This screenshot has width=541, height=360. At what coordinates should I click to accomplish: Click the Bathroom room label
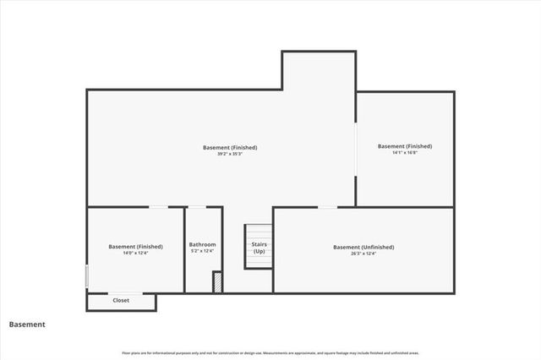(202, 244)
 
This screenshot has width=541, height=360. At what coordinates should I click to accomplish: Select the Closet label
(121, 300)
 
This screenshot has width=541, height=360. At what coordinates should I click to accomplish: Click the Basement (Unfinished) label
(363, 247)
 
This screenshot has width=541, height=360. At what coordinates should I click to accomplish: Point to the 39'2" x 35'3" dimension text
(230, 154)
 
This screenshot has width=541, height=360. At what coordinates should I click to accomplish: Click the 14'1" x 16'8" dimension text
(405, 152)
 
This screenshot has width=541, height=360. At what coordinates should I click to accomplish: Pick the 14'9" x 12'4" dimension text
(135, 253)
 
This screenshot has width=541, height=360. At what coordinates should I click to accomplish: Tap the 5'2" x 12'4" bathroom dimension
(202, 251)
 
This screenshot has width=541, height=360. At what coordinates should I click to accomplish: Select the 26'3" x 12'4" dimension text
(363, 254)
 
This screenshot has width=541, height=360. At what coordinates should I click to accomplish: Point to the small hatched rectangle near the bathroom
(216, 281)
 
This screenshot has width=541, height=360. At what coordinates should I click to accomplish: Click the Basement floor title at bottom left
(27, 324)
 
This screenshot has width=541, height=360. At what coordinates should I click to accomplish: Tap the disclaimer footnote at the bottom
(270, 352)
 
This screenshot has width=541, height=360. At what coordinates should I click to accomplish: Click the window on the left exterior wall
(87, 276)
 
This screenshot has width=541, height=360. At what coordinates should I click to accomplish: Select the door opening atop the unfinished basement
(327, 207)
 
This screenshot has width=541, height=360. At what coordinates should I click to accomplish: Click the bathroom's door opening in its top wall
(196, 207)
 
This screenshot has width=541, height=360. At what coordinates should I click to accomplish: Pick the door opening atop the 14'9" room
(158, 207)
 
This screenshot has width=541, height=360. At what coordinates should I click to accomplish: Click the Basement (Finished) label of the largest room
(230, 147)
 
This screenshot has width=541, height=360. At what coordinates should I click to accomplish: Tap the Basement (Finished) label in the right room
(405, 145)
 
